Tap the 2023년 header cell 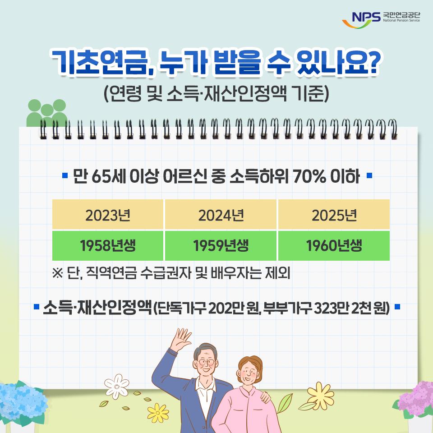click(x=108, y=215)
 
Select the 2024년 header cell click(x=221, y=215)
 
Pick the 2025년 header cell click(x=334, y=215)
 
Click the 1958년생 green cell click(x=108, y=246)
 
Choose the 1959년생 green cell click(x=221, y=246)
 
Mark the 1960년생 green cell click(x=334, y=246)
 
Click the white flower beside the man click(x=119, y=386)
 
